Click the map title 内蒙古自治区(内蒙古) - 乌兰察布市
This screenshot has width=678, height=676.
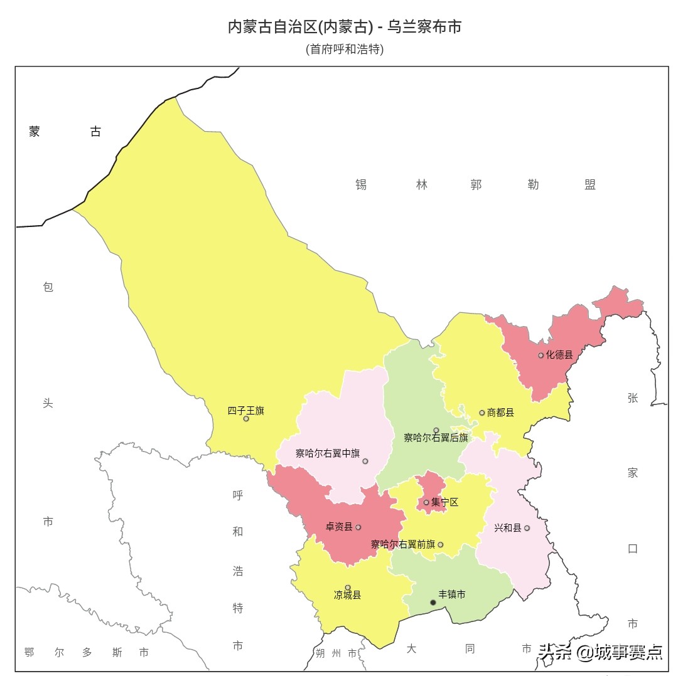(x=345, y=27)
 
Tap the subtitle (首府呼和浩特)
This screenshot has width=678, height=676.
(x=345, y=49)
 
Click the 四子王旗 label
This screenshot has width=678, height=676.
(x=245, y=411)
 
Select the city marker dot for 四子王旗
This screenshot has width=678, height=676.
(x=246, y=419)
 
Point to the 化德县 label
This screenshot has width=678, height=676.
(x=559, y=355)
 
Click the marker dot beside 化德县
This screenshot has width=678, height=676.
(x=541, y=356)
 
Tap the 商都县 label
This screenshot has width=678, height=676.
(x=500, y=413)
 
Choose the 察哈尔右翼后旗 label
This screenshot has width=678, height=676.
(x=436, y=438)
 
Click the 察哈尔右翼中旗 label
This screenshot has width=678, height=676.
(x=328, y=453)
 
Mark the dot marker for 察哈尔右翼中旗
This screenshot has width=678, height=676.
(x=365, y=462)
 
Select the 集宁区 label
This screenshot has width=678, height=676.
(x=445, y=502)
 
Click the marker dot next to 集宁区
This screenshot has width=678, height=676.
(x=426, y=502)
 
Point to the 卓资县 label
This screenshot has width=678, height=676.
(x=339, y=527)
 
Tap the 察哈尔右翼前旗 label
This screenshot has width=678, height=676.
(x=402, y=544)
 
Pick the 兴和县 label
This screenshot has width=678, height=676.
(x=508, y=528)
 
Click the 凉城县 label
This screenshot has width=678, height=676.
(x=347, y=595)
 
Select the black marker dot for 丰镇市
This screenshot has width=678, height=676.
(x=433, y=603)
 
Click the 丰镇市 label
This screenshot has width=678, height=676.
(x=452, y=594)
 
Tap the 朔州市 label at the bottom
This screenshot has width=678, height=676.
(x=336, y=653)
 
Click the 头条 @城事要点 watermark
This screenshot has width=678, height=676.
(x=600, y=652)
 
